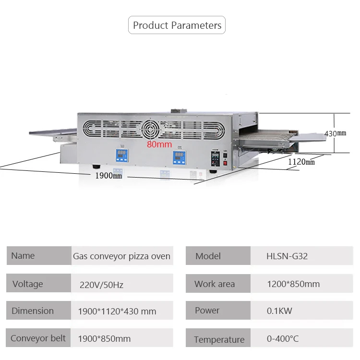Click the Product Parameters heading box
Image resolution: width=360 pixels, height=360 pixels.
(x=177, y=25)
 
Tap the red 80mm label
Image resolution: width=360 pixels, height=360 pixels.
(x=159, y=144)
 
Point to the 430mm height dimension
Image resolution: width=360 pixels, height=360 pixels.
(x=336, y=133)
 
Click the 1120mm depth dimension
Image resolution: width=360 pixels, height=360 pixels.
(x=301, y=162)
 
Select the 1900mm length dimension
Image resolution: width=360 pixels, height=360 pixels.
(x=108, y=175)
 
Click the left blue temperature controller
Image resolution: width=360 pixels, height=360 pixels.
(x=121, y=156)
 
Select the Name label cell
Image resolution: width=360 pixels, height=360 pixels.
(x=38, y=256)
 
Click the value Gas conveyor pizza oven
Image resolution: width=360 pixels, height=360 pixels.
(x=121, y=256)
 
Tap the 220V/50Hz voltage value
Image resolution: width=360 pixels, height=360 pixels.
(x=101, y=285)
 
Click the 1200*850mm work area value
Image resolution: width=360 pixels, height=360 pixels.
(x=293, y=284)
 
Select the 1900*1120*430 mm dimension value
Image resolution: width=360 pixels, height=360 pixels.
(x=117, y=311)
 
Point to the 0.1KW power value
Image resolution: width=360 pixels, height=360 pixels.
(x=279, y=311)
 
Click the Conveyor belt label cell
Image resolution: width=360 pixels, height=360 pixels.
(x=38, y=338)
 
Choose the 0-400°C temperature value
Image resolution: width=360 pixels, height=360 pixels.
(x=283, y=338)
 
